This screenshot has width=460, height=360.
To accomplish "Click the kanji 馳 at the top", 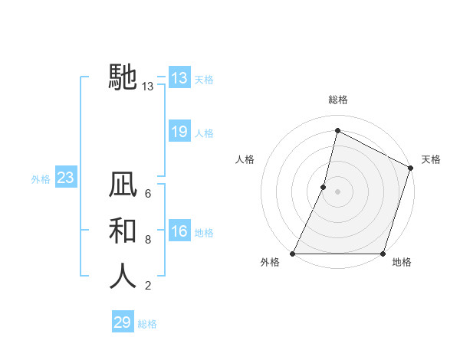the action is coord(123,77).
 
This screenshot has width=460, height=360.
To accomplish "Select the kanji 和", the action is coord(123,231).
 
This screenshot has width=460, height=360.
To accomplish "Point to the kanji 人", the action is coord(123,276).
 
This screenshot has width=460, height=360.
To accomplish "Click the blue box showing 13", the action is coord(179,78).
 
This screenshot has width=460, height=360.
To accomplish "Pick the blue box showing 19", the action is coord(179,132).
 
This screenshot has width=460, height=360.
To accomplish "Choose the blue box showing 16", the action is coord(179,231).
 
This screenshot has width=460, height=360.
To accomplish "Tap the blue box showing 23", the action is coord(66,178).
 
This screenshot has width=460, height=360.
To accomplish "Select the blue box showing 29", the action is coord(123,322).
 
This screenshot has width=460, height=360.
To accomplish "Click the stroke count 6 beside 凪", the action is coord(147,194).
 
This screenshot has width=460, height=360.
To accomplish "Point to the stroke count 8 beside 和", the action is coord(147,240).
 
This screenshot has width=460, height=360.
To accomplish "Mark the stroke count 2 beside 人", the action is coord(147,286).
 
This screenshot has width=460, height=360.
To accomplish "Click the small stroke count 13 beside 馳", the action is coord(148,87).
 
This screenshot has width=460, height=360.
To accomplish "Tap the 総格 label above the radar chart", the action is coord(337,100).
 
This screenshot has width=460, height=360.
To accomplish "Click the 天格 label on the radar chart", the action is coord(431,159).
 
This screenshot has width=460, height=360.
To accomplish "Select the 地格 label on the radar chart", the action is coord(402,263).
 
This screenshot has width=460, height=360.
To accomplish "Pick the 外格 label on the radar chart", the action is coord(270,263).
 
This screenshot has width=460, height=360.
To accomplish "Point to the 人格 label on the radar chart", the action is coord(245,159).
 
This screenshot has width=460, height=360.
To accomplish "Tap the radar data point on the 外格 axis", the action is coord(293,254).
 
